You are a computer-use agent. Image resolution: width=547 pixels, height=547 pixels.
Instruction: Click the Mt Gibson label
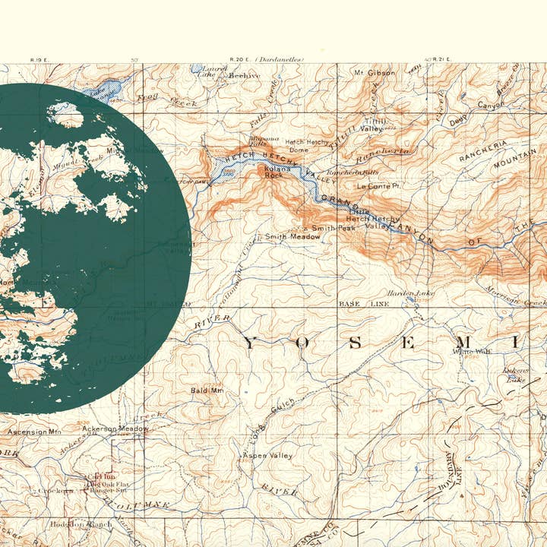[x=375, y=73]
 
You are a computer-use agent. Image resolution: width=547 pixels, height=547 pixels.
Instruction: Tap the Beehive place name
[x=244, y=76]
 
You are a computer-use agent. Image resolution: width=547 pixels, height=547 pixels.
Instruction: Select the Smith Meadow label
[x=292, y=237]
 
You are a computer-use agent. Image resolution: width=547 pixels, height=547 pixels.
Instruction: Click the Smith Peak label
[x=334, y=228]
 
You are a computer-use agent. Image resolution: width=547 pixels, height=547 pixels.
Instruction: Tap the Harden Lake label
[x=410, y=293]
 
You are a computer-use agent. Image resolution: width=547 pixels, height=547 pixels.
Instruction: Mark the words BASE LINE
[x=363, y=304]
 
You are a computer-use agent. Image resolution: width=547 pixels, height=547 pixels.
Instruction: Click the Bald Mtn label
[x=207, y=390]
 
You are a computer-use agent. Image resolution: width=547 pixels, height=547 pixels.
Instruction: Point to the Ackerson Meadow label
[x=115, y=428]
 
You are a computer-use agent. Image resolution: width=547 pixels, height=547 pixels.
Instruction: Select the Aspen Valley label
[x=267, y=455]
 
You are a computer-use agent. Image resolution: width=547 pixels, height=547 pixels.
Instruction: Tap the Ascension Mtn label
[x=34, y=432]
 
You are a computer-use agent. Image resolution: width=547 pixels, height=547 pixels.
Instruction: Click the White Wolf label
[x=472, y=351]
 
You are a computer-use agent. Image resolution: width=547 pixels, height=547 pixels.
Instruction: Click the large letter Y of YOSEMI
[x=251, y=343]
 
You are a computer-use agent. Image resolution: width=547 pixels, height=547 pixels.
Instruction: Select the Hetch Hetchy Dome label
[x=305, y=145]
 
